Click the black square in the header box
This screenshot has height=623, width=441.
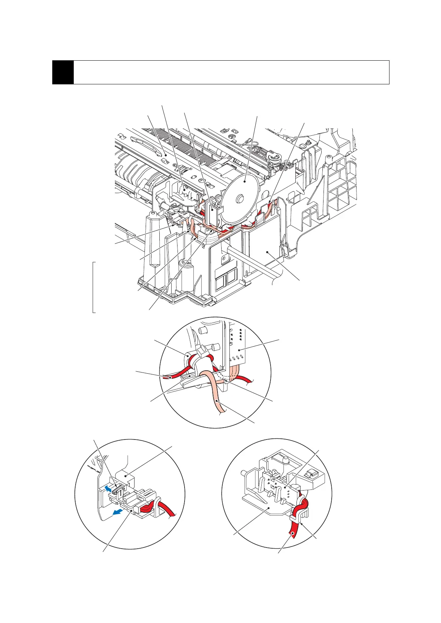(63, 72)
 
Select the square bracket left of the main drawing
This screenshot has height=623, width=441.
(93, 287)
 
